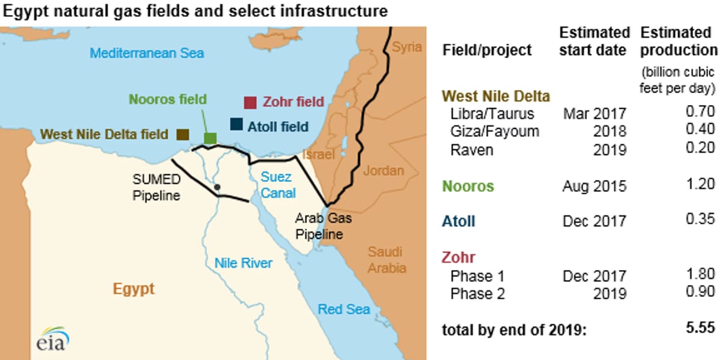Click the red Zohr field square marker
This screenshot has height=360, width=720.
point(250,103)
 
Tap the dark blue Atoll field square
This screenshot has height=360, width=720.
point(236,125)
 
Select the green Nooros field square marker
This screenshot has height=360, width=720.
point(210,138)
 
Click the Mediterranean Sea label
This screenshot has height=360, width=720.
point(147,53)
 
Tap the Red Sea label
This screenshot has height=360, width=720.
point(344,310)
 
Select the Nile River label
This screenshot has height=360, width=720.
point(244,263)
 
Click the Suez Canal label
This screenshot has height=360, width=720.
point(278,185)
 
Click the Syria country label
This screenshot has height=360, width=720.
point(407,47)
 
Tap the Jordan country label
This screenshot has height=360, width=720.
point(383,171)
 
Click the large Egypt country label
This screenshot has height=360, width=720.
point(133,289)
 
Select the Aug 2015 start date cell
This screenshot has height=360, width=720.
point(594,187)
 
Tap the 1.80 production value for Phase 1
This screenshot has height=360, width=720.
point(703,276)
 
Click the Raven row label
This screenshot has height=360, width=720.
point(472,149)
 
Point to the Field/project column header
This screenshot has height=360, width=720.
point(487,50)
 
